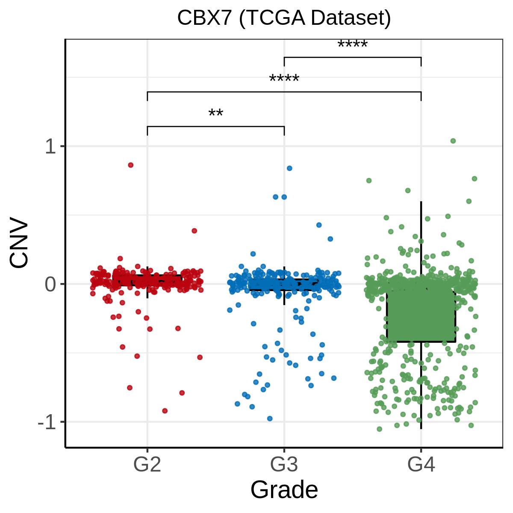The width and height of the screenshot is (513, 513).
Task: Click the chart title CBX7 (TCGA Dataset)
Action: point(284,18)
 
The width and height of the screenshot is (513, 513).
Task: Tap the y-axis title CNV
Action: point(20,245)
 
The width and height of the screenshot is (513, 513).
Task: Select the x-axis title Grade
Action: point(284,489)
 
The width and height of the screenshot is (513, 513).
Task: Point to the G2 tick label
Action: point(147,465)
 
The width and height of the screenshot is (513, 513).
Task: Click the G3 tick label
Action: point(284,465)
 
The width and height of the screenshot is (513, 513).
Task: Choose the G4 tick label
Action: point(421,465)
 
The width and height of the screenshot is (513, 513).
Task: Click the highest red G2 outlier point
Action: point(131,165)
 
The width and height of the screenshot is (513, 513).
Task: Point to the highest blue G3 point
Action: point(289,168)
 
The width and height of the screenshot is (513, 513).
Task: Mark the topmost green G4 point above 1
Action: point(453,141)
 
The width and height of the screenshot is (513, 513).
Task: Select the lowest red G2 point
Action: point(165,411)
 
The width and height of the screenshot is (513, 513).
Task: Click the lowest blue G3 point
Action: point(270,419)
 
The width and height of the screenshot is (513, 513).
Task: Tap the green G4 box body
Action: point(421,316)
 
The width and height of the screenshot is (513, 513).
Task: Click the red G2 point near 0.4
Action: point(195,231)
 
